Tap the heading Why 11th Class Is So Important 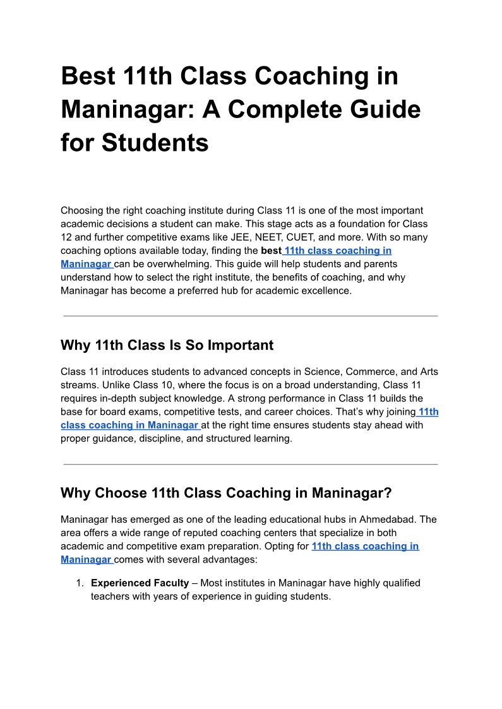pos(167,345)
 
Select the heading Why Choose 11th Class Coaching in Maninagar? pos(226,493)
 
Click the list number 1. pos(80,583)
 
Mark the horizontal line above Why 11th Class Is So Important pos(251,316)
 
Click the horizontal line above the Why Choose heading pos(251,464)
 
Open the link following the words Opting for pos(365,546)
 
